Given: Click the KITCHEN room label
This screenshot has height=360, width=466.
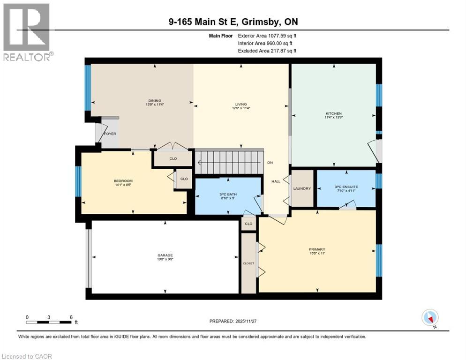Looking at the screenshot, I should click(x=334, y=113).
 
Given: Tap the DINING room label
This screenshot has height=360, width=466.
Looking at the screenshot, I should click(x=155, y=101).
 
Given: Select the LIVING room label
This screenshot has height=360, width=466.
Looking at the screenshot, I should click(x=241, y=105).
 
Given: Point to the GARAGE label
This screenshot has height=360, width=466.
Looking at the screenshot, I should click(x=165, y=256).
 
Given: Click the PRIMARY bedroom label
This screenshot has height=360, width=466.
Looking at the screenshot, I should click(x=317, y=249).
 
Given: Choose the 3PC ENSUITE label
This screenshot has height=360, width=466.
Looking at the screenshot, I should click(x=346, y=187).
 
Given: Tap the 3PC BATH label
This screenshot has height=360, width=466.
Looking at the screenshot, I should click(x=227, y=195).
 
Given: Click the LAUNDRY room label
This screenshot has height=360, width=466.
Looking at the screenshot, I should click(x=302, y=188).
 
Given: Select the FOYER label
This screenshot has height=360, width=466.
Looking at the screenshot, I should click(x=110, y=134).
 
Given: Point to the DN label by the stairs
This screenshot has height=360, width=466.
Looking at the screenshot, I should click(x=270, y=163).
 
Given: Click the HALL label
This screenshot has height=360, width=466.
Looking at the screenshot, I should click(x=276, y=181).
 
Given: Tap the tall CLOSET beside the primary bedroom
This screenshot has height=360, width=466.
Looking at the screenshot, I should click(x=248, y=263).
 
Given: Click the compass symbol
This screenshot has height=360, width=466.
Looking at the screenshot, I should click(x=429, y=318).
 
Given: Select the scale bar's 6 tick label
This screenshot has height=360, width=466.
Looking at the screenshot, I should click(x=71, y=317).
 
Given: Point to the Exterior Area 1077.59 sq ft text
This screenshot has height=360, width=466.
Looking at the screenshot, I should click(x=267, y=36).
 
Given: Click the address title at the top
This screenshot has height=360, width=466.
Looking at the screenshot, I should click(x=233, y=22).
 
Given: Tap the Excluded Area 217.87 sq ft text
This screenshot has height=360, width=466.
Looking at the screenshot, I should click(x=267, y=51).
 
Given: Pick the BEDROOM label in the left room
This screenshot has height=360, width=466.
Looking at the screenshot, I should click(x=123, y=181).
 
